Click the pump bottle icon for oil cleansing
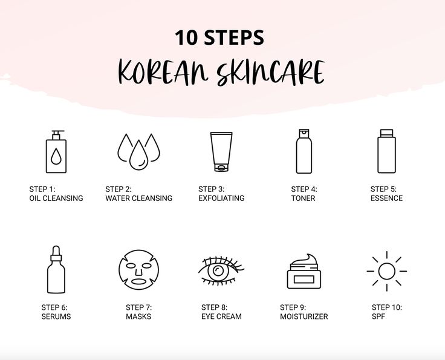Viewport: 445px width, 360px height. tap(56, 152)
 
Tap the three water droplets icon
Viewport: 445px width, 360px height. tap(139, 152)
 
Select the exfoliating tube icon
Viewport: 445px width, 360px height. tap(221, 152)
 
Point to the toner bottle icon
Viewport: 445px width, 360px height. tap(304, 151)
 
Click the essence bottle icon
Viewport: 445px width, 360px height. tap(386, 151)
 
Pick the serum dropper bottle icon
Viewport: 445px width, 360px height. tap(56, 269)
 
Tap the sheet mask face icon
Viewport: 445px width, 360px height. tap(139, 270)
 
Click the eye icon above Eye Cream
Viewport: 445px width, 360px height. tap(221, 270)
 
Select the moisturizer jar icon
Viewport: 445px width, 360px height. tap(304, 272)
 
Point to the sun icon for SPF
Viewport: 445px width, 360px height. tap(386, 271)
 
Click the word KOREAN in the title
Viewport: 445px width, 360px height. tap(163, 73)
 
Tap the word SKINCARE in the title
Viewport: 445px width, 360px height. tap(270, 73)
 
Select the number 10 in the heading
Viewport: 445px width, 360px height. tap(186, 38)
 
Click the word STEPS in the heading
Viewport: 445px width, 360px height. tap(234, 38)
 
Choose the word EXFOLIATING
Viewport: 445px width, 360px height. tap(221, 198)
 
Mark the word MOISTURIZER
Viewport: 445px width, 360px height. tap(304, 316)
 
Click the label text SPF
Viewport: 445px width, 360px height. tap(378, 316)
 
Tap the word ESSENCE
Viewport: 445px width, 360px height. tap(386, 198)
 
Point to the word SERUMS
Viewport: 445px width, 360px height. tap(56, 316)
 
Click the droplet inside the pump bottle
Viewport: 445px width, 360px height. tap(56, 157)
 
